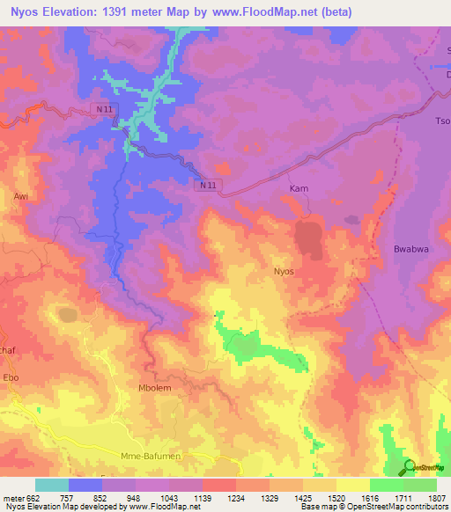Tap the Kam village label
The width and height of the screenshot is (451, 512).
tap(299, 189)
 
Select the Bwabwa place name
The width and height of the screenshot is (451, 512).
tap(410, 250)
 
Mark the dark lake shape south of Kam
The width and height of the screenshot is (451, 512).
tap(307, 238)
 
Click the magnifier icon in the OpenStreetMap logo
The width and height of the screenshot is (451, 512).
tap(410, 467)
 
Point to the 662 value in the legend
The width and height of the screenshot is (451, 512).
tap(31, 498)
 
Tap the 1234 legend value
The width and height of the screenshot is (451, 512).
tap(235, 498)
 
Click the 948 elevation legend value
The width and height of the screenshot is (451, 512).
tap(135, 498)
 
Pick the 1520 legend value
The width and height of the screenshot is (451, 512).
tap(336, 498)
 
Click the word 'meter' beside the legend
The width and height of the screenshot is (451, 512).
tap(12, 498)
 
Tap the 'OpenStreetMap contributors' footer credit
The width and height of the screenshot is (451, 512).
tap(406, 507)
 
